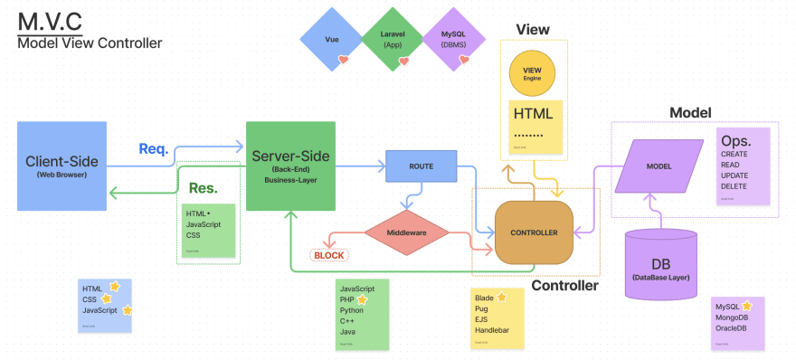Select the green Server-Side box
click(x=290, y=166)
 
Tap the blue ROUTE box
click(x=420, y=166)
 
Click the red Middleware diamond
click(x=406, y=232)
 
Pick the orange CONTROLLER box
click(x=534, y=232)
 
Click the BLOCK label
click(x=328, y=255)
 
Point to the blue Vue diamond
click(x=332, y=41)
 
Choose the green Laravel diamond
click(x=393, y=41)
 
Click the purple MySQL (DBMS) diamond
click(x=454, y=41)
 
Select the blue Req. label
click(x=154, y=148)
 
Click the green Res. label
click(x=204, y=189)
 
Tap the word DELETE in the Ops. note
click(x=734, y=186)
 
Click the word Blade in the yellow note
click(x=484, y=297)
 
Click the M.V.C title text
click(x=49, y=21)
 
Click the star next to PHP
click(x=363, y=298)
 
